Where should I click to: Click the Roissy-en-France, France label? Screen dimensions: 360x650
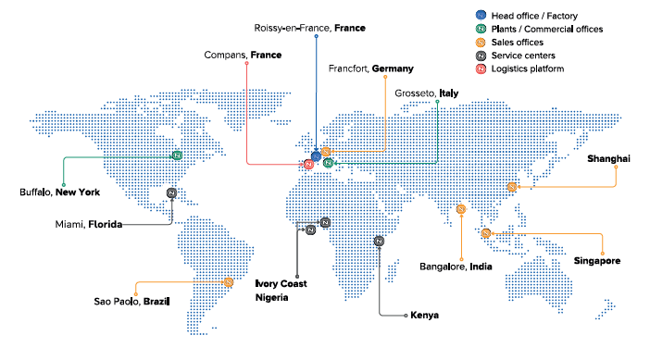click(309, 29)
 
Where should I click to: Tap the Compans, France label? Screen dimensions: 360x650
click(243, 56)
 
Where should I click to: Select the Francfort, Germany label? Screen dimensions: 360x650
click(370, 69)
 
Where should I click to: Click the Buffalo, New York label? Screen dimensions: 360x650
click(59, 192)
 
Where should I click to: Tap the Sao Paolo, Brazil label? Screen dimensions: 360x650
click(131, 302)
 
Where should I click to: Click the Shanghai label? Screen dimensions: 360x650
click(608, 158)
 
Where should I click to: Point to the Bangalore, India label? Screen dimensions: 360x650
click(455, 267)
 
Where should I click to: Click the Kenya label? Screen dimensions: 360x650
click(424, 316)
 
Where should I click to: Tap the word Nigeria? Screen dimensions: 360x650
click(273, 298)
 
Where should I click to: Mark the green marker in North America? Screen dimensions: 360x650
click(177, 155)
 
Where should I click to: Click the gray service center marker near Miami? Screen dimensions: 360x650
click(172, 192)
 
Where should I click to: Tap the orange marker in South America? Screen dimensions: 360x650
click(228, 281)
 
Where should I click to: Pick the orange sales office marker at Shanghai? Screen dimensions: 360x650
click(510, 188)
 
